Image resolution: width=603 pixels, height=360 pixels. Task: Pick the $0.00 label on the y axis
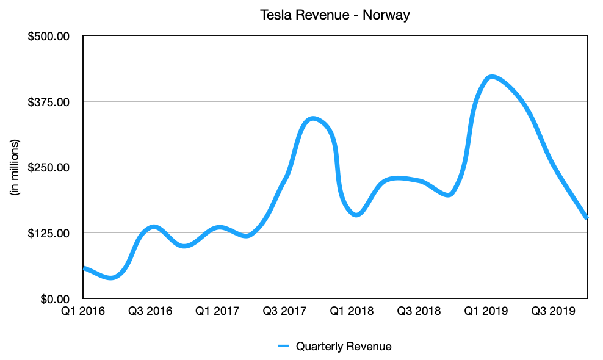[x=56, y=299]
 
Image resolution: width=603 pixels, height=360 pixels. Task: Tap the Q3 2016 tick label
[x=150, y=312]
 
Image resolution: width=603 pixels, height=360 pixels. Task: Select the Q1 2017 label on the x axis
[x=217, y=312]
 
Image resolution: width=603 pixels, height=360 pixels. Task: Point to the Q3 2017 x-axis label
[x=284, y=312]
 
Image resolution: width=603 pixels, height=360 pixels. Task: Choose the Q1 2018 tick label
[x=352, y=312]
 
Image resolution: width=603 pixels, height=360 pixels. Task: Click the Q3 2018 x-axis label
[x=419, y=312]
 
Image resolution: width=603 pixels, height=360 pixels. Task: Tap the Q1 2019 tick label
[x=486, y=312]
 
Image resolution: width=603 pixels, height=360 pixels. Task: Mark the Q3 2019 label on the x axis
[x=554, y=312]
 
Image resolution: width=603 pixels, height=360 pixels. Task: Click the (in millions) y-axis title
[x=16, y=167]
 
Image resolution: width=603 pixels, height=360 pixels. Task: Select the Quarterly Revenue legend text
[x=344, y=347]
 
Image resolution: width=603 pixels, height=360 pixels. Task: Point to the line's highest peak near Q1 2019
[x=492, y=77]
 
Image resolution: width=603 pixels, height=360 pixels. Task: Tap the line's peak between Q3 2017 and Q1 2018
[x=313, y=118]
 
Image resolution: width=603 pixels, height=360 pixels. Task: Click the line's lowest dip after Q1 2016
[x=110, y=278]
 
